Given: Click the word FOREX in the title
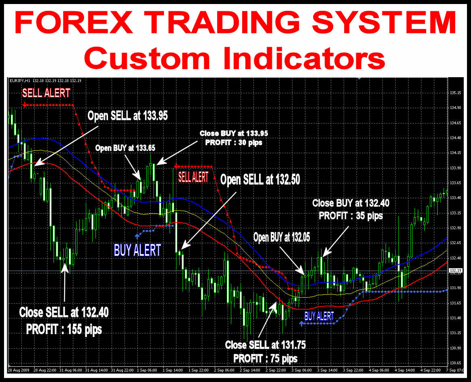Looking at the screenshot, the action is (74, 23).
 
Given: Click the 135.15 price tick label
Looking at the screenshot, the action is (455, 93).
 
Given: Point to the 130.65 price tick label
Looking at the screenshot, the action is (455, 363).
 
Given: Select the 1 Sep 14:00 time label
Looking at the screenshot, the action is (173, 370).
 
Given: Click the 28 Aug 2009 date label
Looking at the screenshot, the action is (19, 370).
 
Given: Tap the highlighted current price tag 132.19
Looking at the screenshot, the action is (455, 271).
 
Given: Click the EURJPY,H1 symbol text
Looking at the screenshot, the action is (20, 81).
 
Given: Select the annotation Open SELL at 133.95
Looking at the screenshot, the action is (128, 116).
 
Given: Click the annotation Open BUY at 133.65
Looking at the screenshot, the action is (125, 148).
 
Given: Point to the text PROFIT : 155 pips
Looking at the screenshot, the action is (64, 329).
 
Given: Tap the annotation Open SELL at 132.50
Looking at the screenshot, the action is (260, 180).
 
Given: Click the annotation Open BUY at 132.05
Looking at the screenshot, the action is (282, 237).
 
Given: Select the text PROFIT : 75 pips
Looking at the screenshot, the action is (266, 358).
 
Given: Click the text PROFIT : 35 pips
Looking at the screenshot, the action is (351, 216).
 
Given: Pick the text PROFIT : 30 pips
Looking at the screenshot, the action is (234, 142).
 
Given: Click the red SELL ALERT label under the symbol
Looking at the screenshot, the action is (46, 93).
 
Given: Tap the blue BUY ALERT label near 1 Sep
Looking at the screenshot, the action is (137, 250).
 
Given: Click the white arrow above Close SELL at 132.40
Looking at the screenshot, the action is (64, 282).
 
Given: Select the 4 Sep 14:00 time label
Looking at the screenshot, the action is (405, 370).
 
